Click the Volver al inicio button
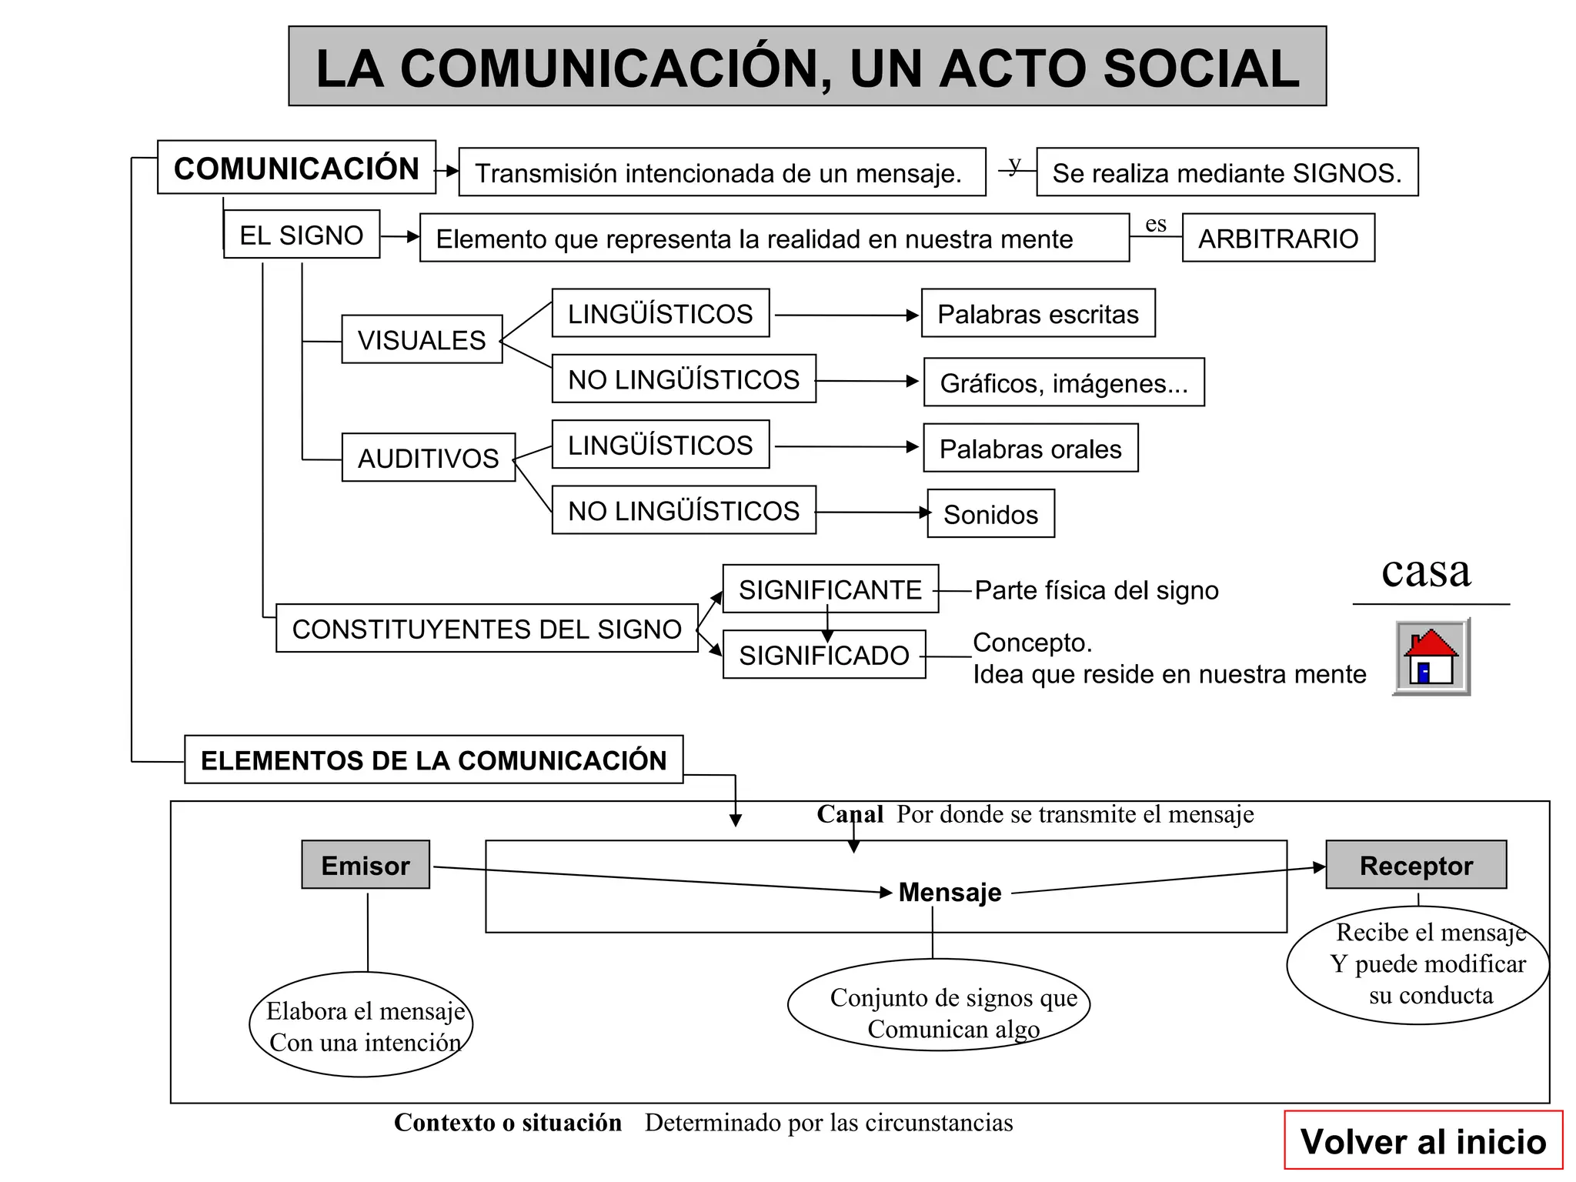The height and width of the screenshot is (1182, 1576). (x=1423, y=1140)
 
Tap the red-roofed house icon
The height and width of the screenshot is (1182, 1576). (x=1431, y=658)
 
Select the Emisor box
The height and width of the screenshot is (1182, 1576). (x=366, y=865)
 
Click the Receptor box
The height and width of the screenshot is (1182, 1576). (x=1416, y=865)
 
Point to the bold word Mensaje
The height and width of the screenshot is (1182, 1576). (x=950, y=892)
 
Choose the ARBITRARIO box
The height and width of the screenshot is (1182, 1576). (x=1278, y=239)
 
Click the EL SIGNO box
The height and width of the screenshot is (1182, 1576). (x=302, y=235)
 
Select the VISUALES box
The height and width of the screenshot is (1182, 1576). (x=422, y=339)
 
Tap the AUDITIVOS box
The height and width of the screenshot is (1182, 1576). (x=429, y=458)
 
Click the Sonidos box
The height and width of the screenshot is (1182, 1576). (x=990, y=514)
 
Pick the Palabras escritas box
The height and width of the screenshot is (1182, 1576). (x=1038, y=314)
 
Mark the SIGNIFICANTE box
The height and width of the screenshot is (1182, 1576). (x=830, y=589)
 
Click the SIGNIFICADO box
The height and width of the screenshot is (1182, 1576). (x=824, y=655)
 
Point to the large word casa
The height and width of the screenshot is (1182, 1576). (x=1426, y=571)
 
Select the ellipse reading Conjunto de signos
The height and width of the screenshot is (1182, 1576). (x=939, y=1005)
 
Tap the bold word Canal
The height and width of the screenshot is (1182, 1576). (x=850, y=814)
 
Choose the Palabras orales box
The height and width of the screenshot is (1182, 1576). (x=1030, y=449)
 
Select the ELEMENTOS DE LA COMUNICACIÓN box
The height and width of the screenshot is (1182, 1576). (x=434, y=760)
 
